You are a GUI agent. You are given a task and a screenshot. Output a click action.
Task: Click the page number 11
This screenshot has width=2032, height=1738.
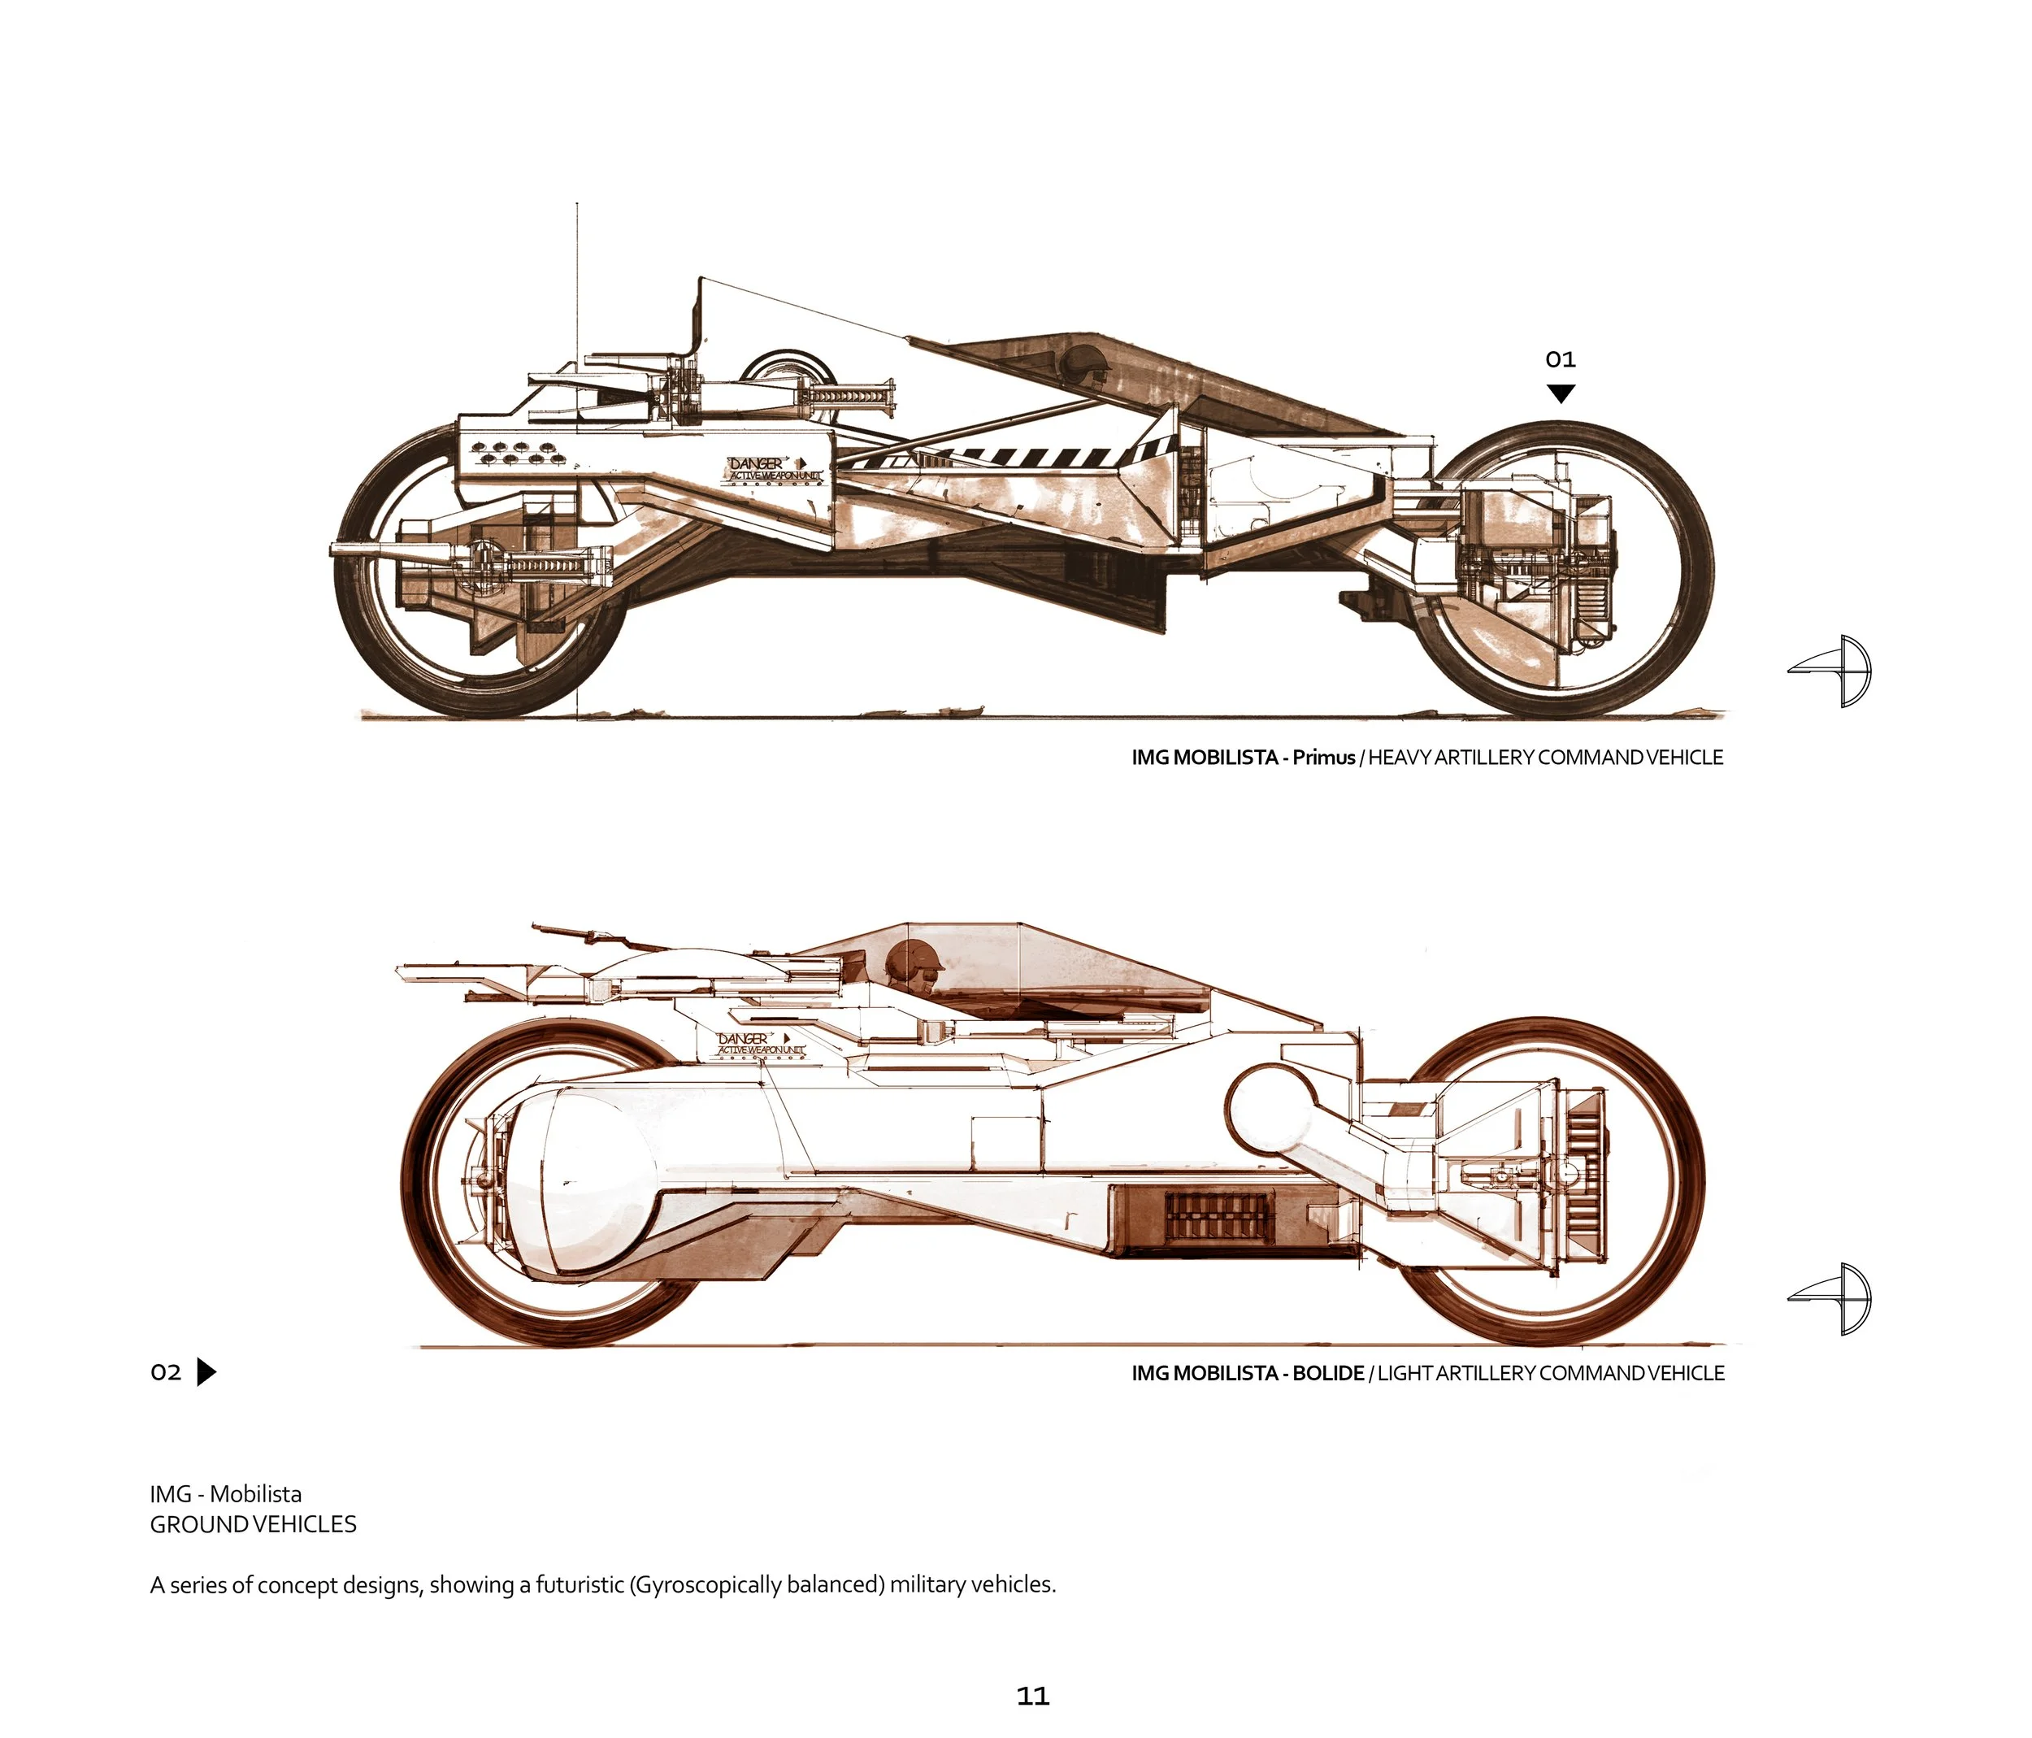coord(1033,1696)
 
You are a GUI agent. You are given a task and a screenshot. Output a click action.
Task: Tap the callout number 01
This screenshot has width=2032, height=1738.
coord(1559,360)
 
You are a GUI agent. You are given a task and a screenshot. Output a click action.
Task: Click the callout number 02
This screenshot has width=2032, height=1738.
coord(166,1372)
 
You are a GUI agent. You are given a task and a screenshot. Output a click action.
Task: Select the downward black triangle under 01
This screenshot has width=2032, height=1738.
coord(1561,393)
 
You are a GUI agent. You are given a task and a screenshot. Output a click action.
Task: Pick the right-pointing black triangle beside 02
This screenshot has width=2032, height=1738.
coord(205,1371)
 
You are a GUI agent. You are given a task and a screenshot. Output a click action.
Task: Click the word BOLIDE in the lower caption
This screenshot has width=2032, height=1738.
coord(1328,1373)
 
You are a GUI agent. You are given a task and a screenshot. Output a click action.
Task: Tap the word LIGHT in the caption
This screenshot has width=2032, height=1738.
coord(1405,1373)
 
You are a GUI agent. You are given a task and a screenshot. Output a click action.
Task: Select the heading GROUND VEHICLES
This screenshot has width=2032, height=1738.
coord(253,1524)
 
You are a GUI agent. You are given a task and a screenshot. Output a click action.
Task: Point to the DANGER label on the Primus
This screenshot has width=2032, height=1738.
coord(756,463)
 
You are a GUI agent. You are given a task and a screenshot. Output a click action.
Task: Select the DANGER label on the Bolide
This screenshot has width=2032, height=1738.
coord(745,1038)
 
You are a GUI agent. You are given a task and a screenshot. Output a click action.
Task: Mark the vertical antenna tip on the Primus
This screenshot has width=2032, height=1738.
coord(576,206)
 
